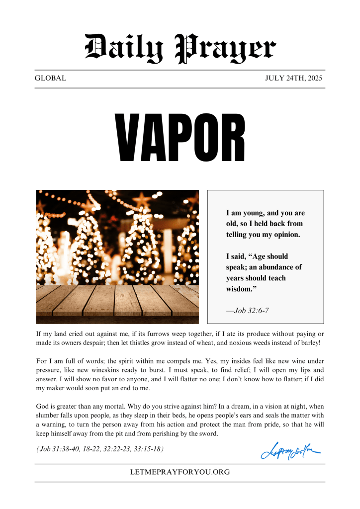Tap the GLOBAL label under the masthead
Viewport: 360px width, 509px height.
click(50, 79)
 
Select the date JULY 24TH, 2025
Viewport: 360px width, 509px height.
click(294, 79)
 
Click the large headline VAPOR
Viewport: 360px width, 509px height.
click(180, 138)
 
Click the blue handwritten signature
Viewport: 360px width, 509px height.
click(290, 451)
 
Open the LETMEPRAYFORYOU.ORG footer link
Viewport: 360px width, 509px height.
click(180, 472)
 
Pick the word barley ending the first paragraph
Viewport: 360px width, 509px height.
click(308, 343)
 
